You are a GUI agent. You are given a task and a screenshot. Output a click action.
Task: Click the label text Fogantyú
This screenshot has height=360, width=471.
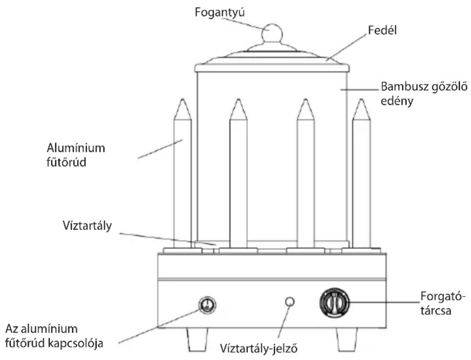(x=220, y=13)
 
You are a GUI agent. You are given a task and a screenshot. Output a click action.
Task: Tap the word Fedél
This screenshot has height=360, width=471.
(x=382, y=30)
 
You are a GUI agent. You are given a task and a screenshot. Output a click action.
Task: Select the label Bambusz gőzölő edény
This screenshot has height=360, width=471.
(x=424, y=93)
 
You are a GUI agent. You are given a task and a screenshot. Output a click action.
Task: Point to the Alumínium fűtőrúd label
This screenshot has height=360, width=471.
(x=76, y=155)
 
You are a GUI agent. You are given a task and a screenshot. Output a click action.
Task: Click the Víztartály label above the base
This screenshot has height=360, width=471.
(x=87, y=226)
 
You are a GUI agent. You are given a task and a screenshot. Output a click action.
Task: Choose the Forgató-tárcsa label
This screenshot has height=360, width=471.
(x=440, y=303)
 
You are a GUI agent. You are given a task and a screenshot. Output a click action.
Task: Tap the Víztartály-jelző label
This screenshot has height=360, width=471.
(x=259, y=348)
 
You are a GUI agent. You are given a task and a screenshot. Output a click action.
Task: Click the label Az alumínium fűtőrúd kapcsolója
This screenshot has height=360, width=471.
(x=54, y=336)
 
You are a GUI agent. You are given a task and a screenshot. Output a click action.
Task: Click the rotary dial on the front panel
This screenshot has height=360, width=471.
(x=335, y=302)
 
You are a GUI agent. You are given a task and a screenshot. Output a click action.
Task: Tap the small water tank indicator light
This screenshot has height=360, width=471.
(x=289, y=301)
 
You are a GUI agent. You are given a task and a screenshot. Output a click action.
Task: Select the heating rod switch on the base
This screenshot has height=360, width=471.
(x=207, y=305)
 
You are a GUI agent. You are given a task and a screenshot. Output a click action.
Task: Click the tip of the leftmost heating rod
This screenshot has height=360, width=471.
(x=183, y=99)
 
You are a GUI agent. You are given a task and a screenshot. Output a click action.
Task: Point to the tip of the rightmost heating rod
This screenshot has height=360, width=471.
(x=361, y=100)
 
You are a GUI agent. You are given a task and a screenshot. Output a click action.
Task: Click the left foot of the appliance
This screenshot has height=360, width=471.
(x=197, y=339)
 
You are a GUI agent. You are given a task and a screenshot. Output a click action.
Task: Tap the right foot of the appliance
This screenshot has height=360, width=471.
(x=347, y=339)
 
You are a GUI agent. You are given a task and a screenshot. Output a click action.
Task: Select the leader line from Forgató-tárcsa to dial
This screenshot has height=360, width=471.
(x=384, y=302)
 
